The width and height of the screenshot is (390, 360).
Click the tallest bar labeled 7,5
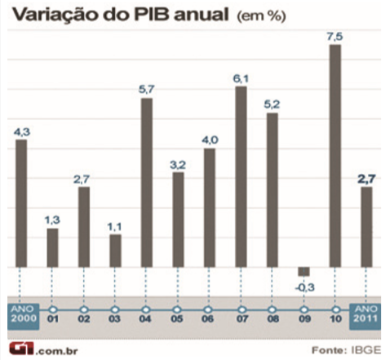(x=335, y=155)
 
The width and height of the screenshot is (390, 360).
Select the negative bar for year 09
(x=304, y=271)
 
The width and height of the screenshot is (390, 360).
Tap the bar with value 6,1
(x=241, y=176)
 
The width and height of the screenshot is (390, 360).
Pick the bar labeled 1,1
(x=115, y=251)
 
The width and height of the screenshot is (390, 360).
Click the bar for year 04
(x=147, y=183)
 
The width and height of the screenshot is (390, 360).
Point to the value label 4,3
(x=22, y=131)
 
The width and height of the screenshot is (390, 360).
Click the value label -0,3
(x=304, y=287)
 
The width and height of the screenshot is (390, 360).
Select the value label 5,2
(x=272, y=104)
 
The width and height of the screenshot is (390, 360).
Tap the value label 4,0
(x=210, y=140)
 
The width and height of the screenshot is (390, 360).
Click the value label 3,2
(x=178, y=163)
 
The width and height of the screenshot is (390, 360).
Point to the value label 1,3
(x=52, y=220)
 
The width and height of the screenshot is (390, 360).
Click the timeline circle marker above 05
(x=178, y=309)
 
